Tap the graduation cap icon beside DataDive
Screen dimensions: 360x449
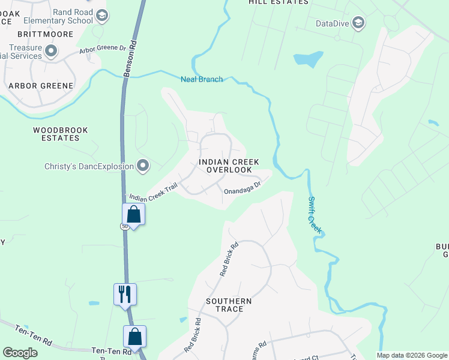(x=359, y=23)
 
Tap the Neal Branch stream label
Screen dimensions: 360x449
(x=202, y=79)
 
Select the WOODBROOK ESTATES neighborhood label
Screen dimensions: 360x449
(x=61, y=134)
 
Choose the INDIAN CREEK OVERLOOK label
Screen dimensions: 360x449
(x=229, y=166)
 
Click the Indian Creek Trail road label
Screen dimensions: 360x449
(x=154, y=192)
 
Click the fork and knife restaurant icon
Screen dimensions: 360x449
(x=125, y=294)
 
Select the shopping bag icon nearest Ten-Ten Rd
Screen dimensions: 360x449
(x=135, y=337)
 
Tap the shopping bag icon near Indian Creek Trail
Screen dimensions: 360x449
(x=133, y=214)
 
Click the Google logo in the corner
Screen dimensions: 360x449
(x=20, y=353)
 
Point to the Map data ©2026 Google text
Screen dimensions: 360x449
(x=412, y=355)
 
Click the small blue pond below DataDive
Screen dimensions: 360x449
(x=307, y=59)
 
